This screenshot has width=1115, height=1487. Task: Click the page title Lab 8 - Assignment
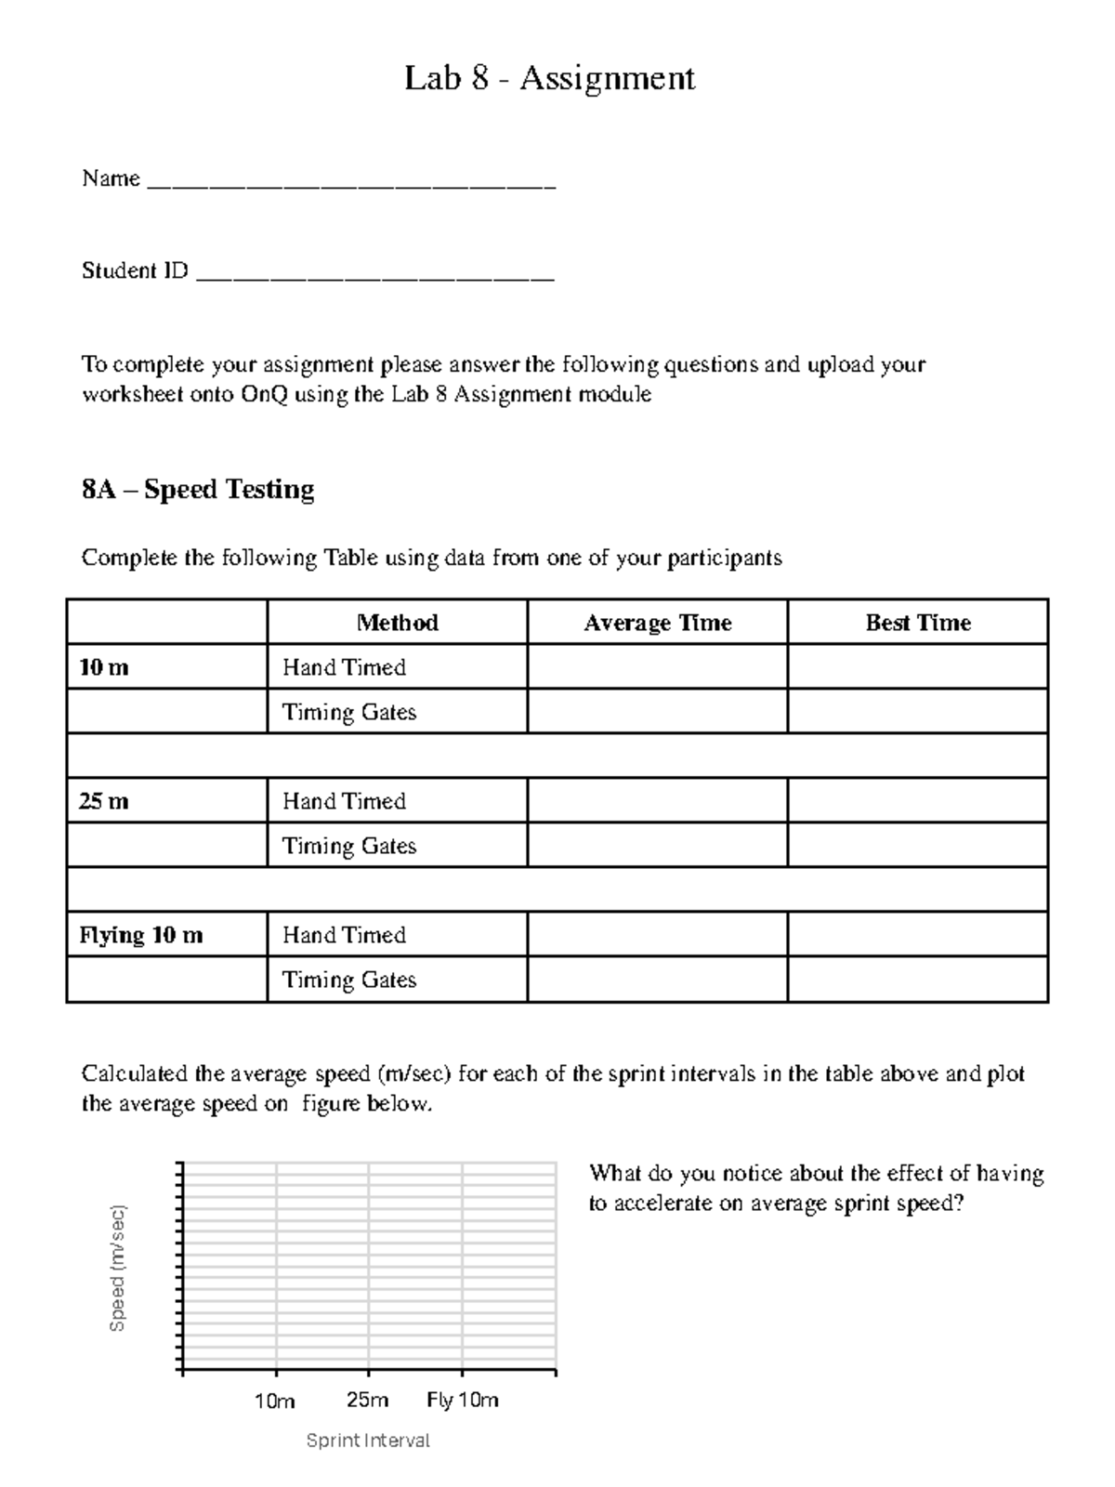click(549, 78)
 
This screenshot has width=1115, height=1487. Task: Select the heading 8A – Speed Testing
click(198, 490)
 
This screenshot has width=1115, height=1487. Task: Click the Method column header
click(397, 623)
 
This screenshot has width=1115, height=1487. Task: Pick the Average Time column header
click(657, 623)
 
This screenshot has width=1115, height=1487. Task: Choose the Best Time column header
click(918, 623)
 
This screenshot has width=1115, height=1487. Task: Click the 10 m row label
click(104, 667)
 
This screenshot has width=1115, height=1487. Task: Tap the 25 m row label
click(104, 801)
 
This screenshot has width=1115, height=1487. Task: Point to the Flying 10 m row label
click(140, 935)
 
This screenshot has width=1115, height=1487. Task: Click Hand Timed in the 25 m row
click(344, 801)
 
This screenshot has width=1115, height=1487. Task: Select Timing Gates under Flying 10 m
click(348, 980)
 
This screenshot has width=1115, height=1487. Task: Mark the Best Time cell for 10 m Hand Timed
click(918, 667)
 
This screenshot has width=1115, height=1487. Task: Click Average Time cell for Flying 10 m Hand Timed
click(657, 935)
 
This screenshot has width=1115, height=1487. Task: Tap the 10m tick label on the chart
click(275, 1401)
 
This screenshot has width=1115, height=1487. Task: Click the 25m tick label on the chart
click(368, 1401)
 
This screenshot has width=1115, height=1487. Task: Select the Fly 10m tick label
click(463, 1401)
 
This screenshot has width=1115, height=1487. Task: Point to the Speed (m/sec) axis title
click(117, 1268)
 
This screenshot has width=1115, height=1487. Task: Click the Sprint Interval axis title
click(368, 1441)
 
